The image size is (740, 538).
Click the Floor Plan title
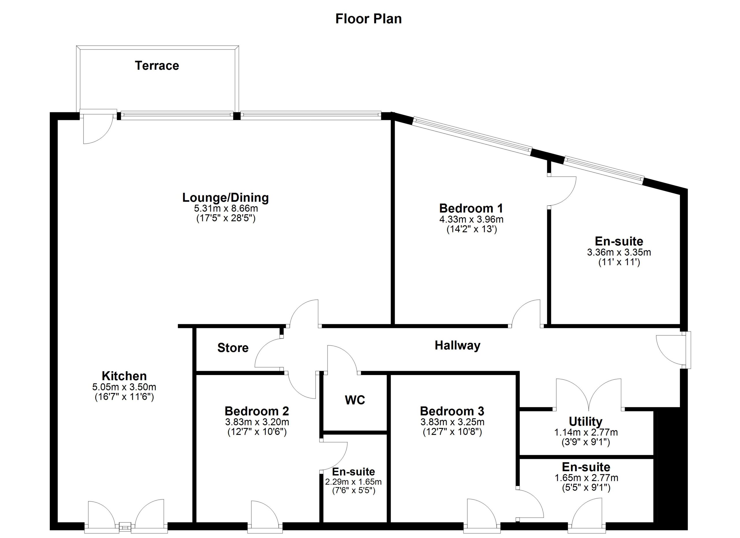coord(368,18)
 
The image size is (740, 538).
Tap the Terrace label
coord(157,66)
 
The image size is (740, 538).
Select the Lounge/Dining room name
coord(225,198)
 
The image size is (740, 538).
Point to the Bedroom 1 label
coord(471,208)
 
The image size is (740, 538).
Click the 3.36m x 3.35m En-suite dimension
coord(619,252)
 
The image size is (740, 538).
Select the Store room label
coord(233,348)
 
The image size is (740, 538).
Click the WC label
coord(355,400)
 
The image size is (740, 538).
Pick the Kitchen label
coord(124,376)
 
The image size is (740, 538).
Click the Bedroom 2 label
coord(257,411)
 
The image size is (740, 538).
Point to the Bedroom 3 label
coord(452,411)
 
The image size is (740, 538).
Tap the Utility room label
coord(585,421)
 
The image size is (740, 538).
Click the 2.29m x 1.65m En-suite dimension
coord(353,482)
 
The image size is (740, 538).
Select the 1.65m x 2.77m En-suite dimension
coord(586,478)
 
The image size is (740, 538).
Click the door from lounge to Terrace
coord(97,129)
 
